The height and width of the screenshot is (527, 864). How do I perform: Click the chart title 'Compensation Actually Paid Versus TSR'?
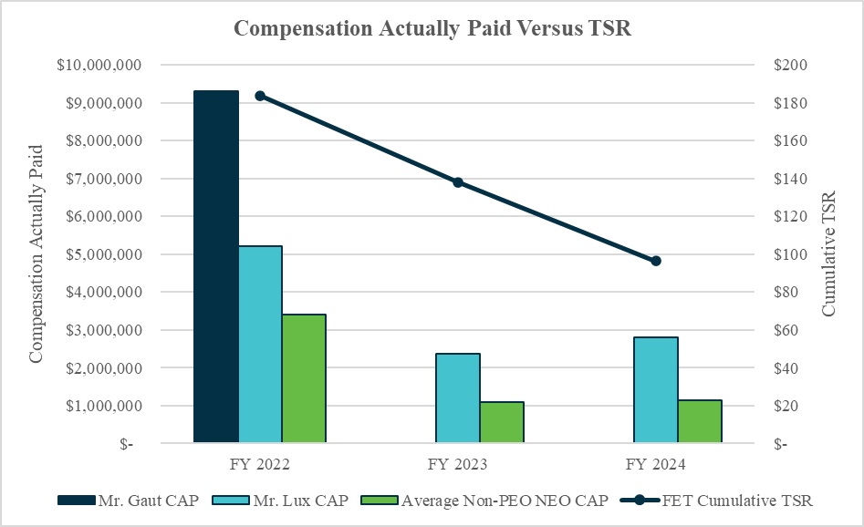432,28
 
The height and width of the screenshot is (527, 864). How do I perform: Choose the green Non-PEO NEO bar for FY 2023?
502,422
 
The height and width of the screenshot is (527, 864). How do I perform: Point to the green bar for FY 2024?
700,421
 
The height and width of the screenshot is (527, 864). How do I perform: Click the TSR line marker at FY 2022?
260,96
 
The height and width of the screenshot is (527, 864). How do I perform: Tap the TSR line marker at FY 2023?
458,182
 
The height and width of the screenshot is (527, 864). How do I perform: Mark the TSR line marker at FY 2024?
656,261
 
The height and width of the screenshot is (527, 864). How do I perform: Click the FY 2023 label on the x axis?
458,465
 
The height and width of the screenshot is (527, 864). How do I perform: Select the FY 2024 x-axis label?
656,465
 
